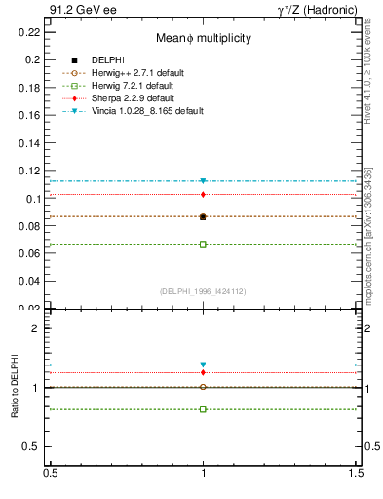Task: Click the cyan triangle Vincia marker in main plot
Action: (203, 181)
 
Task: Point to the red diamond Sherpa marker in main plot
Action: (203, 195)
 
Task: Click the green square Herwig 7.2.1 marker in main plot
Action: (203, 244)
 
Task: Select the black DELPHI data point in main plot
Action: (203, 216)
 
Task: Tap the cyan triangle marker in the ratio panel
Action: (203, 365)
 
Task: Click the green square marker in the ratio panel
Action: (203, 409)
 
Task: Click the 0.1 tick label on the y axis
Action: (33, 199)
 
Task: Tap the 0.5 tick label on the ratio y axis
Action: (32, 446)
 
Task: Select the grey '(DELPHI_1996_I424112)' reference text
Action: (203, 291)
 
